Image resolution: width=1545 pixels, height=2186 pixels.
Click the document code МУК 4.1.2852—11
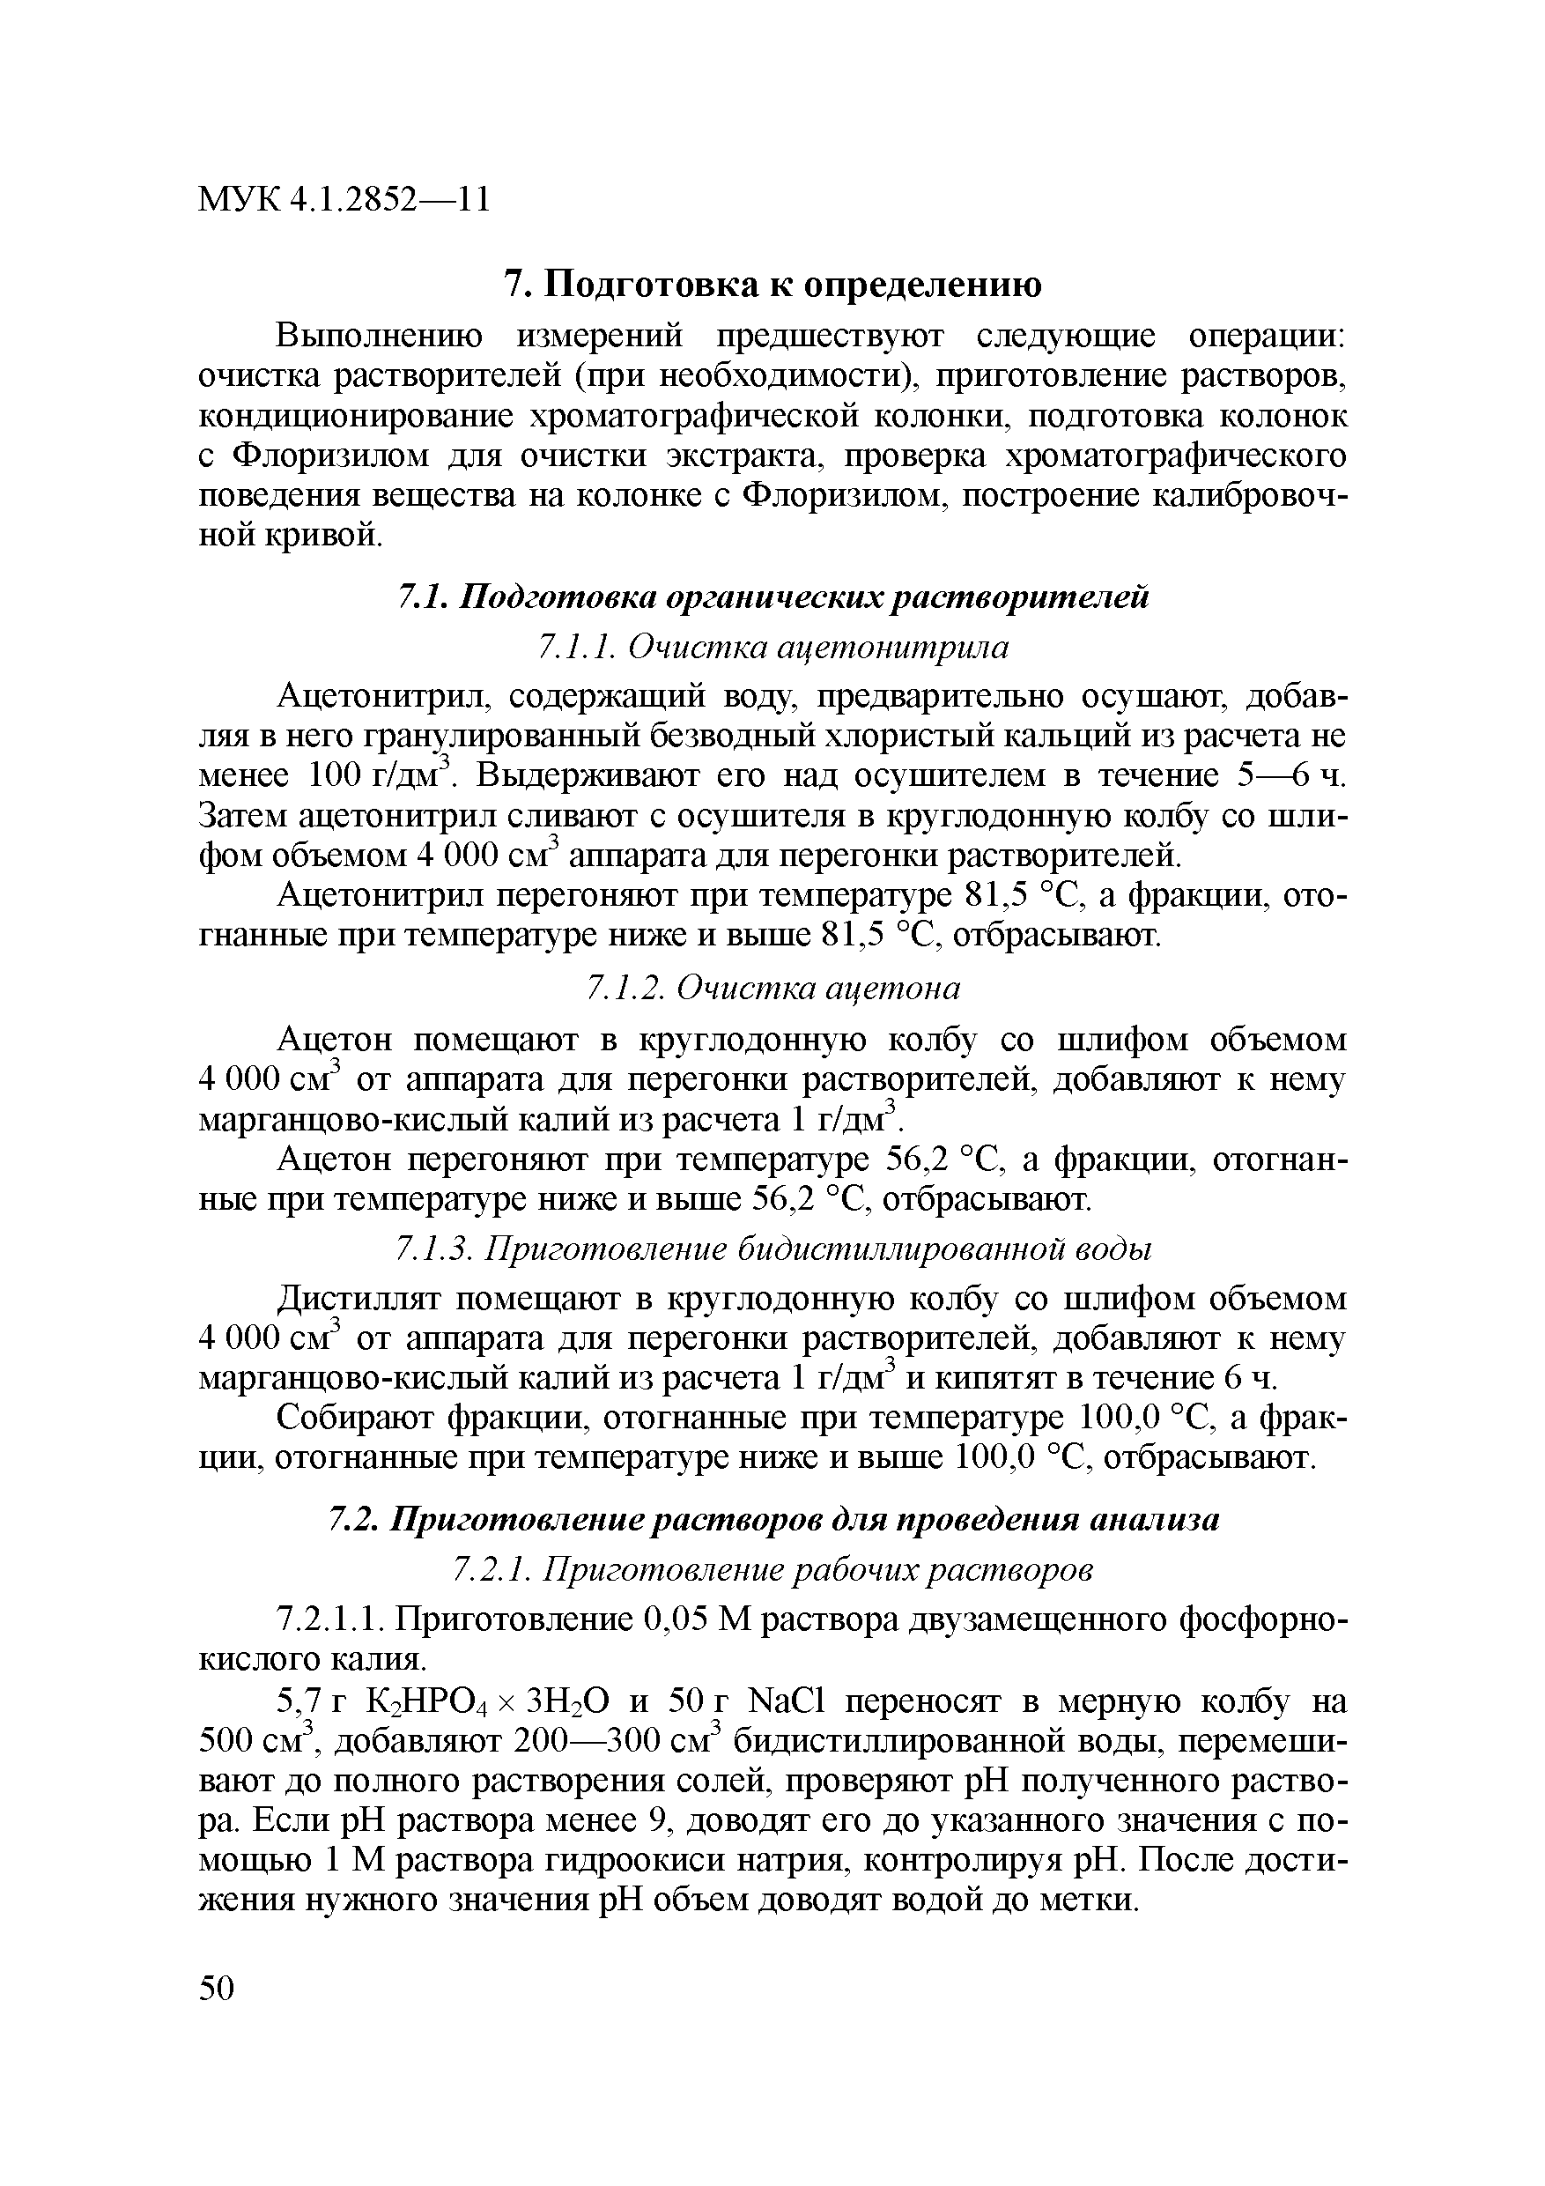(344, 200)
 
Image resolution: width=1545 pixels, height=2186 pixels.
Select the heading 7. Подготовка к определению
(772, 284)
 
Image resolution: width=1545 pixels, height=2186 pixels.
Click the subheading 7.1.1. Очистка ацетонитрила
(772, 648)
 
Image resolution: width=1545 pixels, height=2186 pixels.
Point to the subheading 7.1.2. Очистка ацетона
(772, 989)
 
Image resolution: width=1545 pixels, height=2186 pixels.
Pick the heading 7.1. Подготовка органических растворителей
(772, 597)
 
